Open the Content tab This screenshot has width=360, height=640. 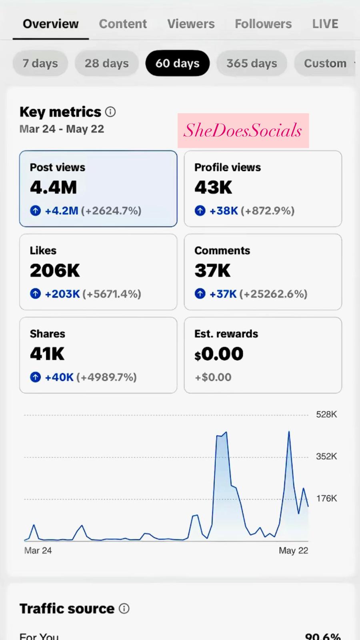[123, 24]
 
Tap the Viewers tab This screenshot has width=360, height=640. [191, 24]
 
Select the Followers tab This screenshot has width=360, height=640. [263, 24]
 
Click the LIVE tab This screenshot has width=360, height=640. [325, 24]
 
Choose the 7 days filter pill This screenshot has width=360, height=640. [40, 63]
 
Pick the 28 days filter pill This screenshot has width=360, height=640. [106, 63]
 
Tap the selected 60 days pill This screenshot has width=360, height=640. [177, 63]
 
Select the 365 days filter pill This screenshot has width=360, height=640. [252, 63]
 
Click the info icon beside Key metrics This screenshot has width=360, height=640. [110, 112]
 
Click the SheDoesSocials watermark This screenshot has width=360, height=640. [243, 130]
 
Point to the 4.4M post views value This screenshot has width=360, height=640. [53, 188]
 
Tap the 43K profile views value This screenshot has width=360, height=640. [213, 188]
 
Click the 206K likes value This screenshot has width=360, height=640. [55, 271]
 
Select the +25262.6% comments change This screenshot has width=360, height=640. [274, 294]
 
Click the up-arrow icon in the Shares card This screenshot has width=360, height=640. [36, 377]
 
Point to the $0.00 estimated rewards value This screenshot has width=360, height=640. [219, 354]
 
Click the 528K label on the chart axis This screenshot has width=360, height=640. [326, 414]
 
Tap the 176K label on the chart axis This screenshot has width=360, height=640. [326, 498]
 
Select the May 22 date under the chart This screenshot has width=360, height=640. [293, 551]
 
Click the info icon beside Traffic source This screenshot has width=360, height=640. [124, 609]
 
